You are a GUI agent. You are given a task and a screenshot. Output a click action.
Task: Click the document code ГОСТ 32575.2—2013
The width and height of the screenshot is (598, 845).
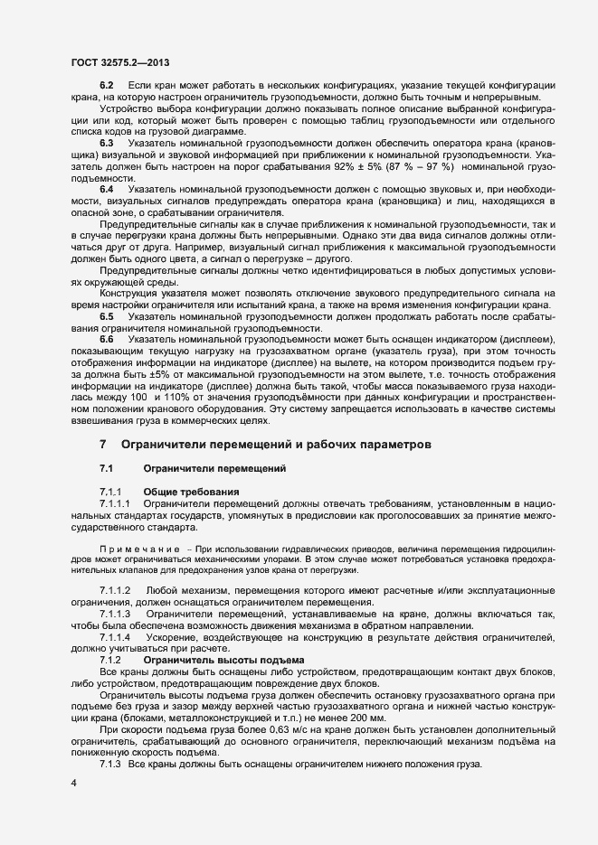click(x=120, y=62)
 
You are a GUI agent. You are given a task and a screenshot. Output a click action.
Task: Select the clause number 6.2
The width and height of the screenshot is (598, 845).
click(x=106, y=85)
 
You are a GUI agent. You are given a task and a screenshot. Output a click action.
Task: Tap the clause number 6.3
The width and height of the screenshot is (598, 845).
click(x=106, y=143)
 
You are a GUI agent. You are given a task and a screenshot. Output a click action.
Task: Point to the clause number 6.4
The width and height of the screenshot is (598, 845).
click(x=106, y=188)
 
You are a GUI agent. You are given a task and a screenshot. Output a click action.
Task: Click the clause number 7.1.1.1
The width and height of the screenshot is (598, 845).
click(x=116, y=502)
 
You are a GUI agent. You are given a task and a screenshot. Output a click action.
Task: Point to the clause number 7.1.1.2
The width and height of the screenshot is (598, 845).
click(x=116, y=590)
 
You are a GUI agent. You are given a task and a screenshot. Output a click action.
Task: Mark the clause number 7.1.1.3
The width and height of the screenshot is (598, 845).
click(x=116, y=614)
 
